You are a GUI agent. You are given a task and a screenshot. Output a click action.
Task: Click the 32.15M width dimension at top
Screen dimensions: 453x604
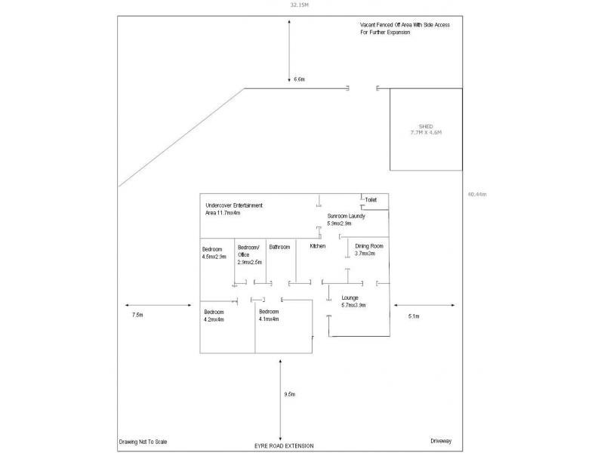point(300,5)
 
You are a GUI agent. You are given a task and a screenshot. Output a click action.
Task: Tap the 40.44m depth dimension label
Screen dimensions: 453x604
point(476,194)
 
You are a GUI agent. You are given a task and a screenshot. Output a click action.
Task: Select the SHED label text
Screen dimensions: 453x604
point(426,126)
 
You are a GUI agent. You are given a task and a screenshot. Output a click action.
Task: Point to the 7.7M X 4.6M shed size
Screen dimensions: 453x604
point(426,132)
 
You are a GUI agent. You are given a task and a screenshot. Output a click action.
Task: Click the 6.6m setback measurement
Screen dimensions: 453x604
point(299,79)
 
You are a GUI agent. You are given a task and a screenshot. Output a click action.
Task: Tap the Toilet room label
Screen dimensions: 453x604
point(370,200)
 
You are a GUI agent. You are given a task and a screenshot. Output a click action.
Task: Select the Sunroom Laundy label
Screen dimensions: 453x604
point(346,220)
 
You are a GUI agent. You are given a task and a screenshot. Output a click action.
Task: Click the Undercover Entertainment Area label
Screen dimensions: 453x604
point(234,209)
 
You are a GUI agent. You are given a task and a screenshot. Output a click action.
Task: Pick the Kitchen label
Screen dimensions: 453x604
point(318,246)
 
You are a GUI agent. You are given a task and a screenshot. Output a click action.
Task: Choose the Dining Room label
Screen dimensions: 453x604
point(370,250)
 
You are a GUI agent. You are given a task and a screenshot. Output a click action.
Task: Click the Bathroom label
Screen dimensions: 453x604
point(279,247)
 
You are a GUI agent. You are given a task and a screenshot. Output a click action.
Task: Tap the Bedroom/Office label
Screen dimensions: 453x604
point(249,254)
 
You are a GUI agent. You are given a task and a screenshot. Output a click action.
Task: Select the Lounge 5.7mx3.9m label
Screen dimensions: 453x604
point(353,301)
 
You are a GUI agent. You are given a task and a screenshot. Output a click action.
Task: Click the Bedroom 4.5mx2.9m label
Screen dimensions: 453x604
point(214,253)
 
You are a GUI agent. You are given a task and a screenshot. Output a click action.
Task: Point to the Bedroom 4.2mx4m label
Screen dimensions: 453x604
point(215,315)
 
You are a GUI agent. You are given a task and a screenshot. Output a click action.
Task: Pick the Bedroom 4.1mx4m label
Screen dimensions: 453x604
point(269,315)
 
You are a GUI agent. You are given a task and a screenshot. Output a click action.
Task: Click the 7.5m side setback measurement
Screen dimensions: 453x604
point(137,314)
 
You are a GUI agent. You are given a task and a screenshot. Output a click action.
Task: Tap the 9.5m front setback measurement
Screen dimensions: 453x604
point(289,394)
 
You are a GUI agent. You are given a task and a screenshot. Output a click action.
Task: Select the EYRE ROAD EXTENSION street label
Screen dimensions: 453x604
point(284,446)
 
